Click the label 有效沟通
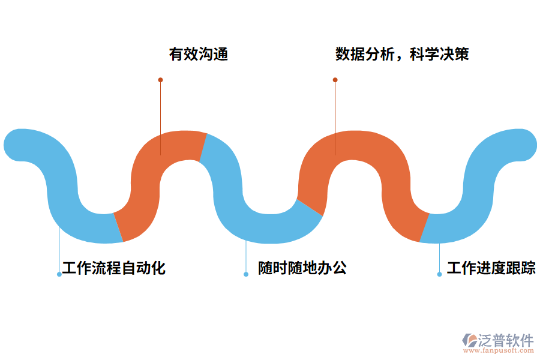point(198,55)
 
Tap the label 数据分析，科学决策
point(402,55)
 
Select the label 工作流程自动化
point(114,268)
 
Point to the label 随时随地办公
point(302,268)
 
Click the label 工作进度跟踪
point(491,268)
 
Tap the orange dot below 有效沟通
point(160,80)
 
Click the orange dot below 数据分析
point(335,80)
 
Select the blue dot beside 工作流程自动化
point(59,274)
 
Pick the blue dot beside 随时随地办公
point(246,274)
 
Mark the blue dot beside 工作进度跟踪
point(439,274)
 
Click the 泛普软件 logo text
point(505,340)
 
